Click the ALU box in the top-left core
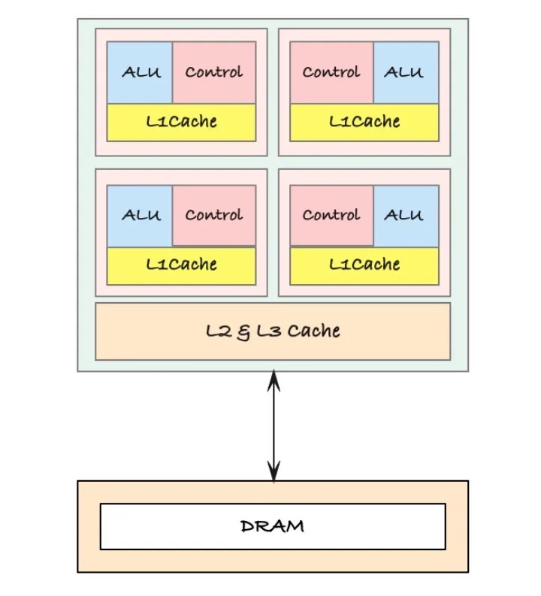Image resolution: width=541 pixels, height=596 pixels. tap(141, 72)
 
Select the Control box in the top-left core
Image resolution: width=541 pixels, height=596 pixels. tap(214, 72)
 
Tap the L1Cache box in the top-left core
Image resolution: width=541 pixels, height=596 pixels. tap(181, 122)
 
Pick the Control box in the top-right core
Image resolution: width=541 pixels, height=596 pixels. tap(331, 72)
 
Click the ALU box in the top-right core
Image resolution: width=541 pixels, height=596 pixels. tap(405, 72)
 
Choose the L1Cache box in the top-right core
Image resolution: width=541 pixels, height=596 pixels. tap(364, 122)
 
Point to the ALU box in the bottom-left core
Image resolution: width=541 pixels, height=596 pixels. tap(141, 216)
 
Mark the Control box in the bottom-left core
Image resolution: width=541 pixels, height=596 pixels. tap(214, 216)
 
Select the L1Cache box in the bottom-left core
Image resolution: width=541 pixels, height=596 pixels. tap(181, 265)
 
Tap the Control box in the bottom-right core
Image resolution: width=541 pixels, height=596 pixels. tap(331, 216)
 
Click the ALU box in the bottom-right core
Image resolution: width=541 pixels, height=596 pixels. tap(405, 216)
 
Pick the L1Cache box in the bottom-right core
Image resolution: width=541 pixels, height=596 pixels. tap(364, 265)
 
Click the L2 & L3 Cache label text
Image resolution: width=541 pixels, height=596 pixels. tap(273, 331)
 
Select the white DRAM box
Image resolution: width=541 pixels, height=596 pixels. tap(273, 526)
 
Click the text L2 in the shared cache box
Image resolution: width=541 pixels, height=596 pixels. tap(219, 331)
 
